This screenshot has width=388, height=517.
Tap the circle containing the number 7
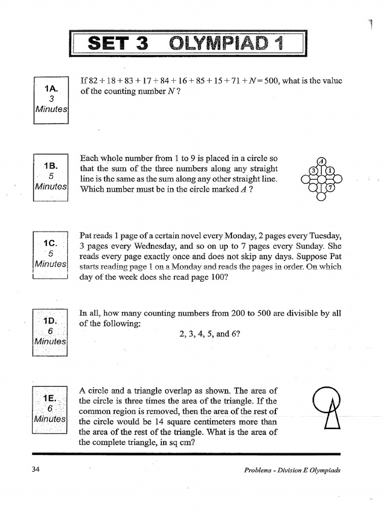pyautogui.click(x=330, y=188)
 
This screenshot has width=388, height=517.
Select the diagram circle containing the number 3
pyautogui.click(x=313, y=171)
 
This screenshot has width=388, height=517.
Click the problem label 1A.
pyautogui.click(x=51, y=89)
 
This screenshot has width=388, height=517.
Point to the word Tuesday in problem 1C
pyautogui.click(x=323, y=236)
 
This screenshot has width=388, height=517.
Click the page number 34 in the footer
pyautogui.click(x=35, y=470)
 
